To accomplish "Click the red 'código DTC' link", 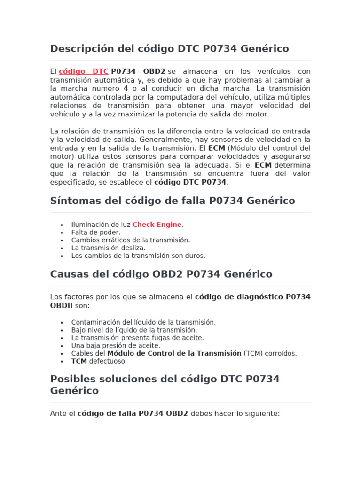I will (84, 71).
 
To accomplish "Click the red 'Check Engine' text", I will (157, 225).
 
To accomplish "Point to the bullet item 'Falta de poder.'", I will (96, 233).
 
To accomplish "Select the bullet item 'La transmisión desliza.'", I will (108, 248).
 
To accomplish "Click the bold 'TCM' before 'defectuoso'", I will (79, 361).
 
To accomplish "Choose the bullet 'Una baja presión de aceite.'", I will (116, 346).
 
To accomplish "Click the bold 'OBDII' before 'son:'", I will (62, 306).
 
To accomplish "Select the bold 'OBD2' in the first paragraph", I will (154, 71).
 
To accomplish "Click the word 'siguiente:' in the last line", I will (264, 414).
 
